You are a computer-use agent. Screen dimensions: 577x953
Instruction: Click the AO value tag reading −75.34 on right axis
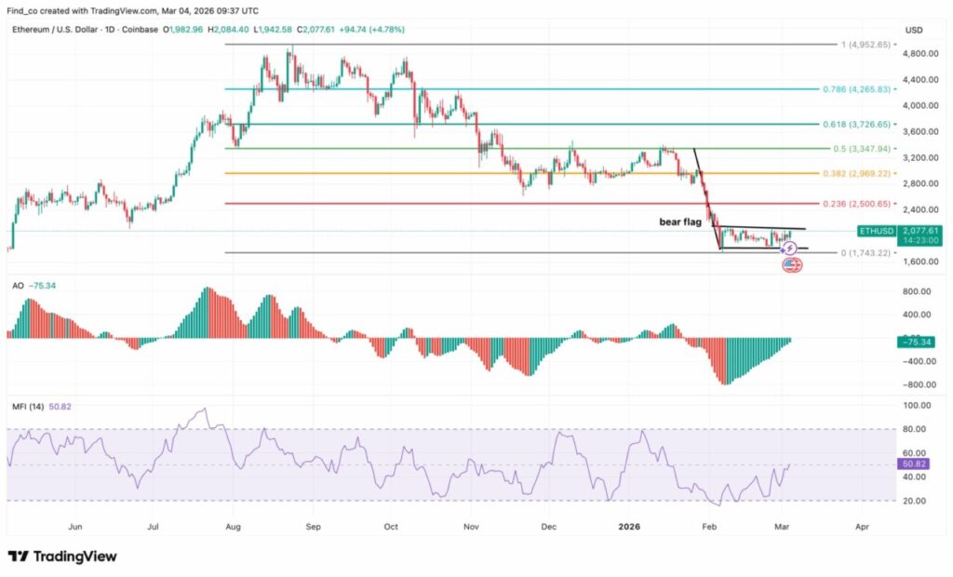tap(916, 342)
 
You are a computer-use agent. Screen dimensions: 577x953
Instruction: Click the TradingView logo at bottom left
tap(63, 556)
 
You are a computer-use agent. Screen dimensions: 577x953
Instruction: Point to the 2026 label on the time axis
tap(631, 526)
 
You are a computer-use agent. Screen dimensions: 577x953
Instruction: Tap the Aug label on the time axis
tap(234, 526)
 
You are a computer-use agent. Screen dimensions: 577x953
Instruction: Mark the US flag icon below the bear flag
tap(792, 264)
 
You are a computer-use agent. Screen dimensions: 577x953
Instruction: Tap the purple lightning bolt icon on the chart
tap(789, 248)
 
